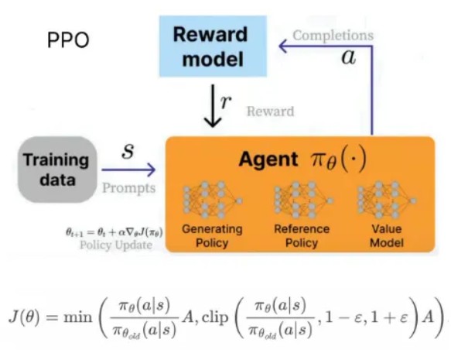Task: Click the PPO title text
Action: (68, 39)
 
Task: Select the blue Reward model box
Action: (213, 46)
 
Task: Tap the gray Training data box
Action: (57, 170)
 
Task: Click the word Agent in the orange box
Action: (268, 160)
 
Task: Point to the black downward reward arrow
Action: (213, 105)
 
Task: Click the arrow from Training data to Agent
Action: (128, 170)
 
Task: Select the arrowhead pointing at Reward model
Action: (284, 46)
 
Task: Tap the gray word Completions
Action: (333, 36)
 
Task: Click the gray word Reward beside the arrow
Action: (271, 111)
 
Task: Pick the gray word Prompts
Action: (129, 188)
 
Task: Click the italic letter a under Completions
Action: (349, 57)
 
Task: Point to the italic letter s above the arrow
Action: (128, 151)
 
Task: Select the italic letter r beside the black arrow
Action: (226, 102)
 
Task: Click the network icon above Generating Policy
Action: (212, 200)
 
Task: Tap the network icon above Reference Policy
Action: (303, 200)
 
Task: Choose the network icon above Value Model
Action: (386, 200)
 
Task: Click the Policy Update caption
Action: (116, 245)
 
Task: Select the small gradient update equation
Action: (114, 232)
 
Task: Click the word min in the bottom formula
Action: (78, 317)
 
